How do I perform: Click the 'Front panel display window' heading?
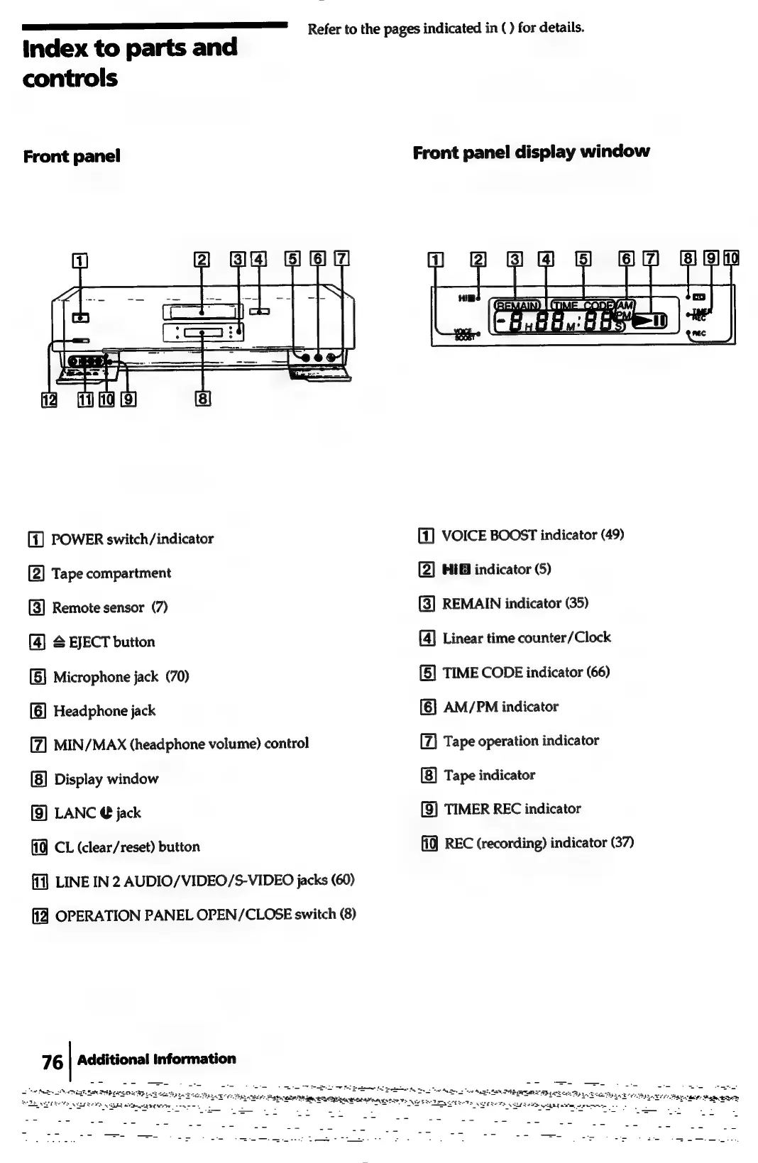(531, 152)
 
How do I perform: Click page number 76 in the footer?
(52, 1062)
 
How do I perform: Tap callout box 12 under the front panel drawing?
(49, 399)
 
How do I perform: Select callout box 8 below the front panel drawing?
(202, 399)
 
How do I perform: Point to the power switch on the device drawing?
(82, 318)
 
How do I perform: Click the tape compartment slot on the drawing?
(202, 312)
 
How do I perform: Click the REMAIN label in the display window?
(517, 305)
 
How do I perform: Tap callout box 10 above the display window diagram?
(731, 258)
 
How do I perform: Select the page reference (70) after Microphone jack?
(177, 677)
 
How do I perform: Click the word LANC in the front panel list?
(75, 813)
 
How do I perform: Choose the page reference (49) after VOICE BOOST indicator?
(613, 534)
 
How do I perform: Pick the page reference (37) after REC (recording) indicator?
(622, 843)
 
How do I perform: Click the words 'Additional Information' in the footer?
(157, 1059)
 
